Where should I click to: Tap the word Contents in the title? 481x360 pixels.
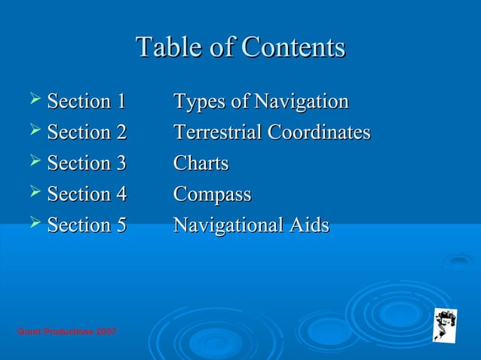[292, 47]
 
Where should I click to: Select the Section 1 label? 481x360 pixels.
[87, 102]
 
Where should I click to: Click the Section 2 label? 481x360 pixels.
[87, 133]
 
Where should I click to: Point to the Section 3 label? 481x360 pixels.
[87, 163]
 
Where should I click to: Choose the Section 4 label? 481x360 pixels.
[87, 194]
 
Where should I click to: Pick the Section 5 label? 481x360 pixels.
[87, 225]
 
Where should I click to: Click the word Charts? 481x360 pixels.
[201, 163]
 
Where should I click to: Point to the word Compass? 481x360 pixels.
[212, 195]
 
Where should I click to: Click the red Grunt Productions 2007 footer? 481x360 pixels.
[66, 332]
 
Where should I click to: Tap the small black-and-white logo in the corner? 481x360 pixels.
[444, 325]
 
